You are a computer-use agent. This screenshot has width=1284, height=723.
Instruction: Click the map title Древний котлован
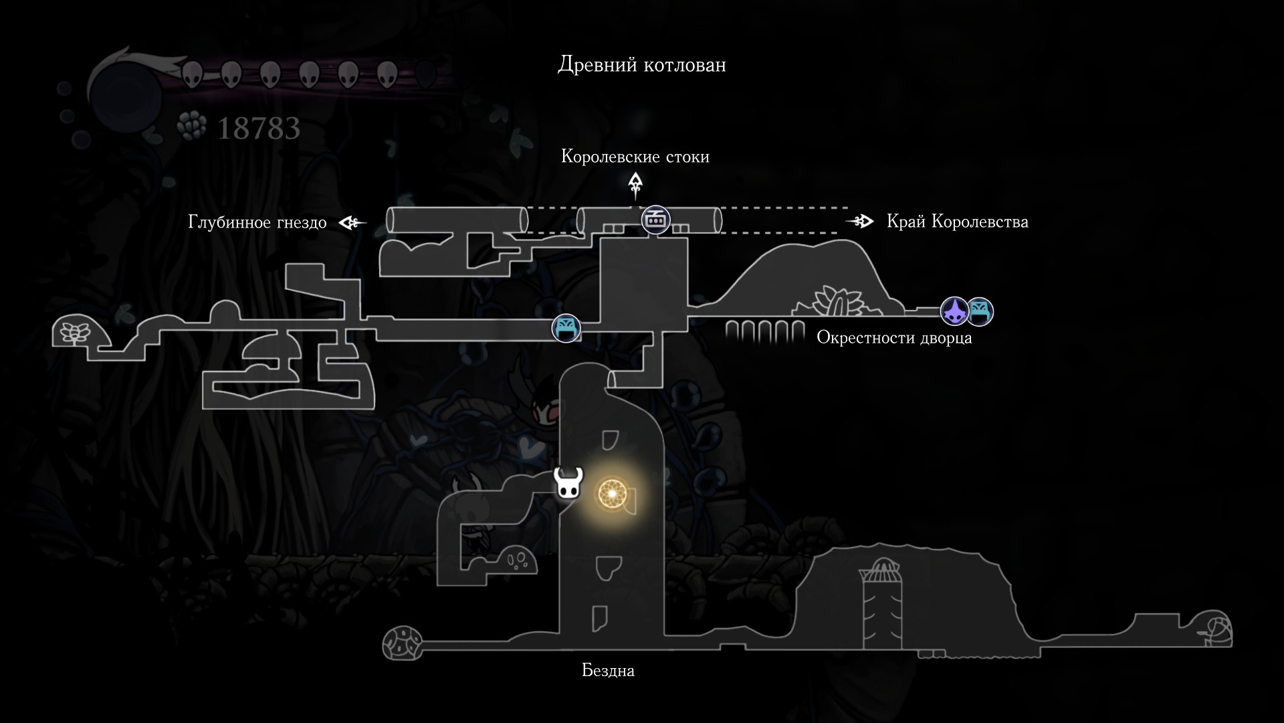641,65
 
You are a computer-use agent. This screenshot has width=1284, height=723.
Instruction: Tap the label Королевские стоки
635,157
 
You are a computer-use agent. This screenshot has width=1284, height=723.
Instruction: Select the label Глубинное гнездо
257,222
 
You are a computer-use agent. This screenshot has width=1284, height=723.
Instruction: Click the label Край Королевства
957,222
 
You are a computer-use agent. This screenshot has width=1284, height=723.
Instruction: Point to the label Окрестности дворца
894,337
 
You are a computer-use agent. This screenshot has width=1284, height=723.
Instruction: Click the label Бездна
608,670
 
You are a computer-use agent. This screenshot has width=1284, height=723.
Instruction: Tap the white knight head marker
568,483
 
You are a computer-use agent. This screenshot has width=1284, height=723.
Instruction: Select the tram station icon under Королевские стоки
655,220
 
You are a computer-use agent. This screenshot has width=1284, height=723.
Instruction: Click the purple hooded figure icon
954,311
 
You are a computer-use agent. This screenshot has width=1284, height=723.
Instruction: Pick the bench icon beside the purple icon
980,311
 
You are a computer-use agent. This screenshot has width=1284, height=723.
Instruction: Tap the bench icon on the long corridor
566,329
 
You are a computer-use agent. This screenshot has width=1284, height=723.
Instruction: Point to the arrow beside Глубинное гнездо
352,222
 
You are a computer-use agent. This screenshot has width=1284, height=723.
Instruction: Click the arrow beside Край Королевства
860,221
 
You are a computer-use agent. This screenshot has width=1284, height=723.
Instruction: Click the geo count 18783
259,129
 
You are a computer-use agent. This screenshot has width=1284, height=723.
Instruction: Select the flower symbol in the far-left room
70,332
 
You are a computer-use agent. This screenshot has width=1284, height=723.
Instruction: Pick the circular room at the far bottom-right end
1216,629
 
